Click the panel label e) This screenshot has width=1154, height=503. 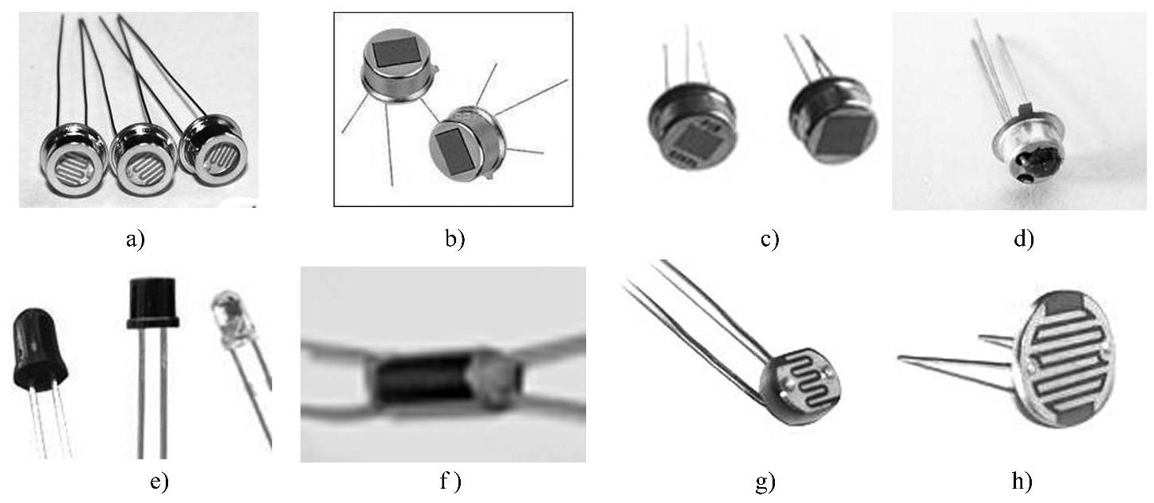[x=159, y=482]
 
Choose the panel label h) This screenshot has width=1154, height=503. [x=1023, y=482]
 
